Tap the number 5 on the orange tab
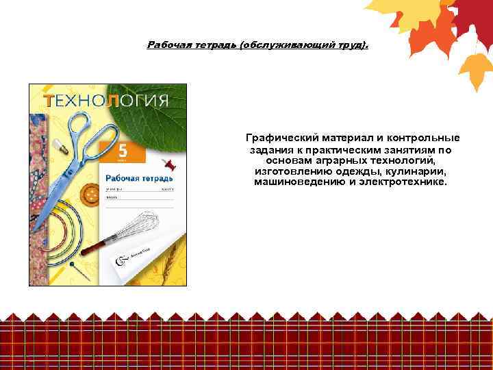[123, 150]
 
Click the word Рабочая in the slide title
[169, 45]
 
